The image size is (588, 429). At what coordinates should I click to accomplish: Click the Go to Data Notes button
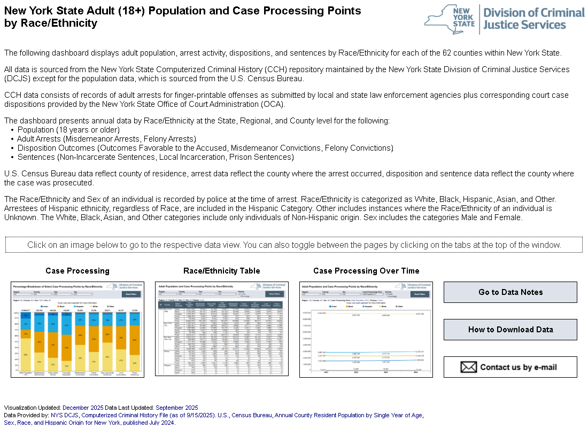click(510, 292)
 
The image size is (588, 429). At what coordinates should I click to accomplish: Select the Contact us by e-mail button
click(510, 367)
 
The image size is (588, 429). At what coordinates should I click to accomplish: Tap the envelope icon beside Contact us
click(468, 367)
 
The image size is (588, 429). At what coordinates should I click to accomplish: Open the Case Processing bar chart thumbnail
click(78, 329)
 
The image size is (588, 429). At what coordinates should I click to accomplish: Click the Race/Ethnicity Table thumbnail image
click(221, 329)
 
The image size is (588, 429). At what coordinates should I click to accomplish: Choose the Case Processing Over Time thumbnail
click(366, 329)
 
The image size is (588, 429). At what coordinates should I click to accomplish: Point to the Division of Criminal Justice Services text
click(533, 19)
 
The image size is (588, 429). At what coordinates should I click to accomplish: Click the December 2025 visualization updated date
click(83, 408)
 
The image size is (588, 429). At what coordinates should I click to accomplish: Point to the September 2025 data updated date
click(176, 408)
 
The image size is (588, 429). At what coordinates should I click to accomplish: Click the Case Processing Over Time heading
click(366, 271)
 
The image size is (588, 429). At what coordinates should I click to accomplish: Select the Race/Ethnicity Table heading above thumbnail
click(221, 271)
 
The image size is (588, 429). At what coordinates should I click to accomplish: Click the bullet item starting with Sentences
click(155, 157)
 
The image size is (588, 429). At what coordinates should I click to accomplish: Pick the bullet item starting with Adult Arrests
click(106, 139)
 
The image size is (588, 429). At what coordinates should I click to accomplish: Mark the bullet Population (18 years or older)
click(68, 130)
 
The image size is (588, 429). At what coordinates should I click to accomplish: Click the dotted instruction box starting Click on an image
click(294, 245)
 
